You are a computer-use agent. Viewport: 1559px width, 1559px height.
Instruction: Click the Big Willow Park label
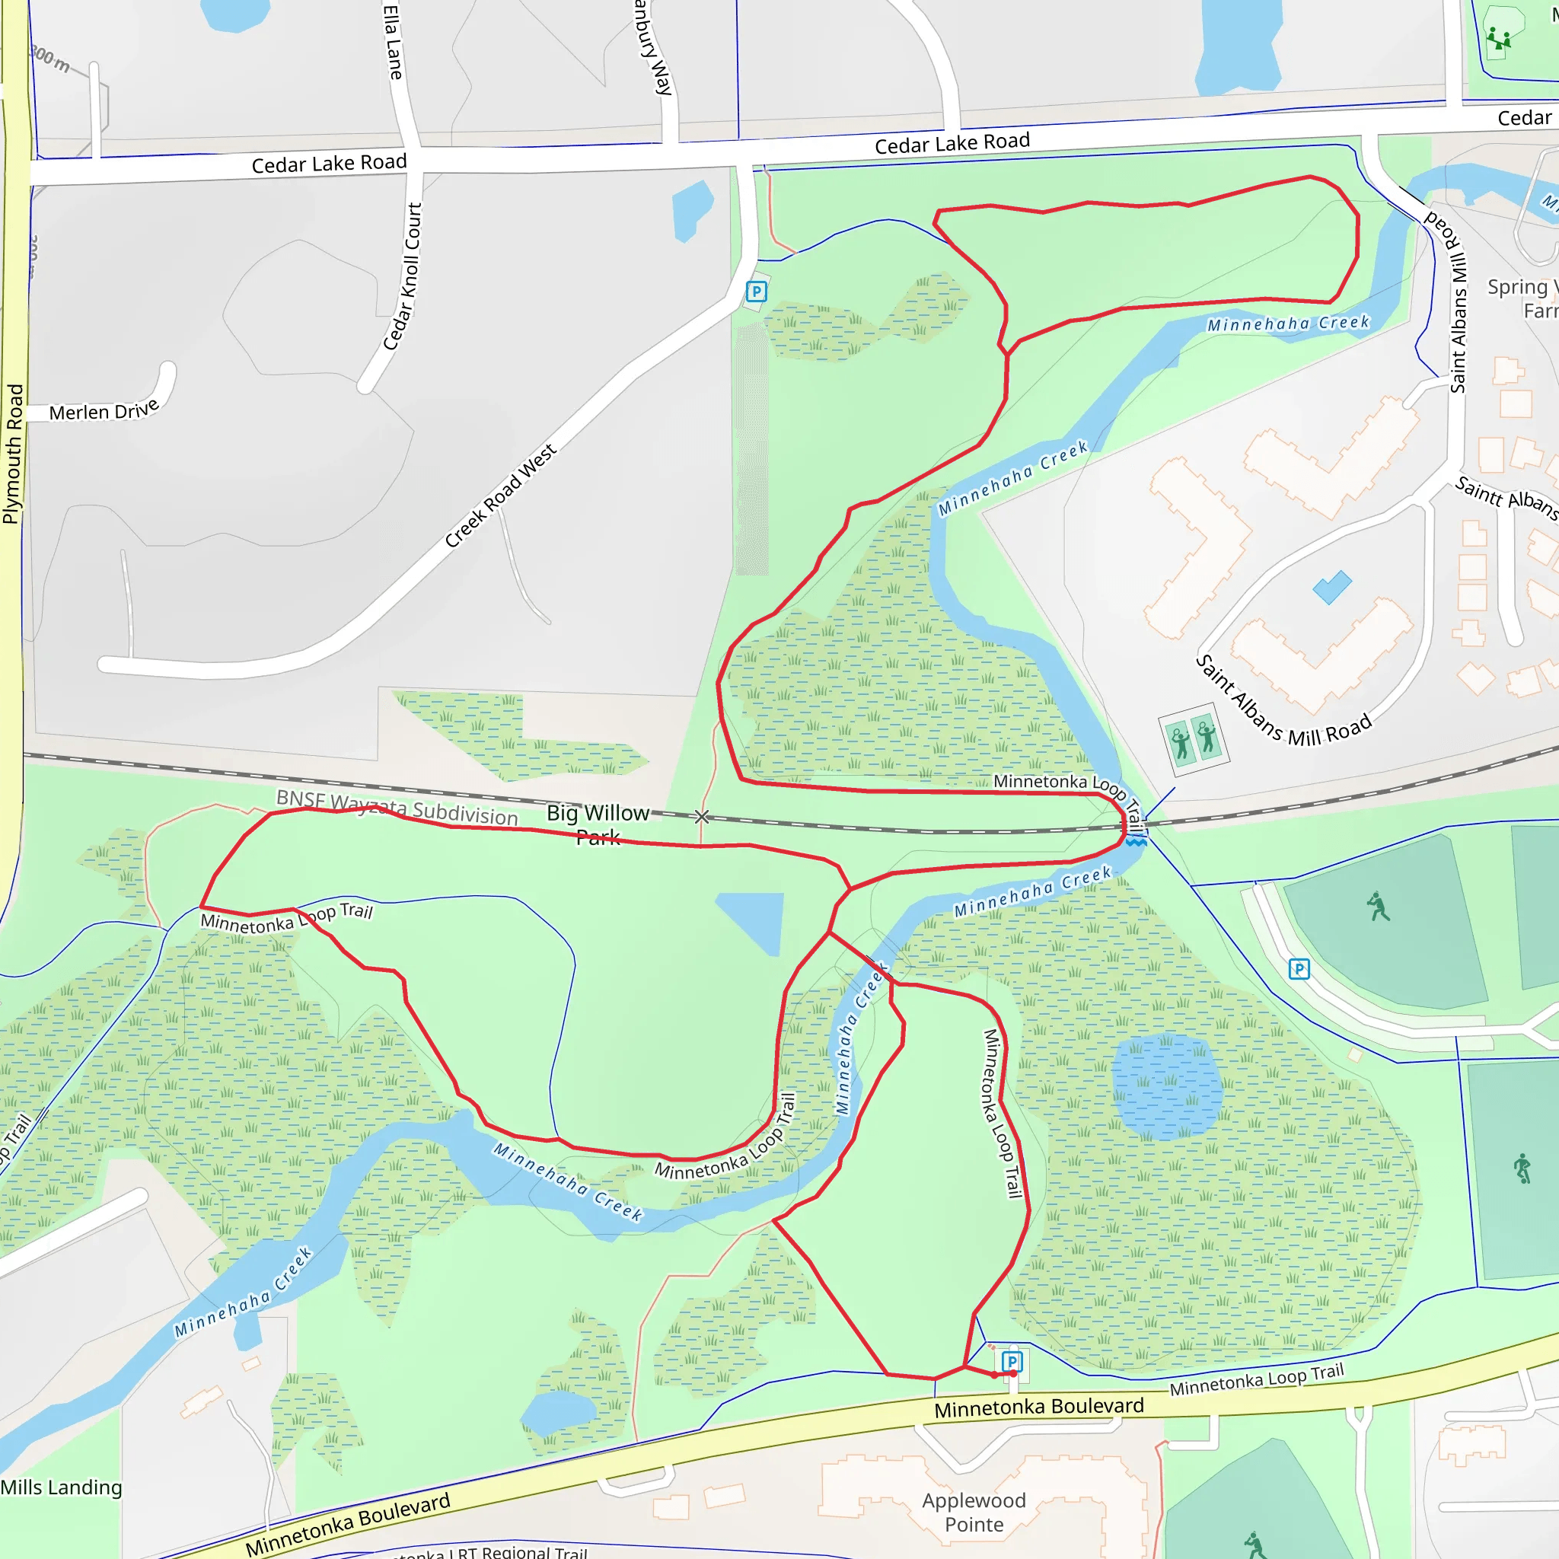[x=598, y=824]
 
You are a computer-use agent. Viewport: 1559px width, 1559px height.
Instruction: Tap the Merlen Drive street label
[x=104, y=411]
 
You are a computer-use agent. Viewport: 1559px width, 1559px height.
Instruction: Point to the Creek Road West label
[x=500, y=495]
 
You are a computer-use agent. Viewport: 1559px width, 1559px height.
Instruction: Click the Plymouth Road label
[x=13, y=454]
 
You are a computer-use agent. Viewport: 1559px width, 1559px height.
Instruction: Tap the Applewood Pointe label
[x=974, y=1513]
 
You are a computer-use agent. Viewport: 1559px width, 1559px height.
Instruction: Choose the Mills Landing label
[x=62, y=1487]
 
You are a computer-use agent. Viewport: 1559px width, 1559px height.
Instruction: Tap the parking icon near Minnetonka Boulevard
[x=1012, y=1363]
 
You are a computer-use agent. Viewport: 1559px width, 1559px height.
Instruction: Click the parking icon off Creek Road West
[x=756, y=292]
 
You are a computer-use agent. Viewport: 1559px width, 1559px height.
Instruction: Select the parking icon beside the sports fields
[x=1299, y=968]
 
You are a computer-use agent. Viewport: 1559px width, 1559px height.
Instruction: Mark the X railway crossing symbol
[x=702, y=817]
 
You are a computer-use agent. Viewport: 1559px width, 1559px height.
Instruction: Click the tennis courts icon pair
[x=1194, y=739]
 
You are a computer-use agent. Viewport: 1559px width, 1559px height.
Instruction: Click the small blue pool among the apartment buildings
[x=1331, y=587]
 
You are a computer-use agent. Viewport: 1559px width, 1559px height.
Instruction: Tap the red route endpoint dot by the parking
[x=995, y=1375]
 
